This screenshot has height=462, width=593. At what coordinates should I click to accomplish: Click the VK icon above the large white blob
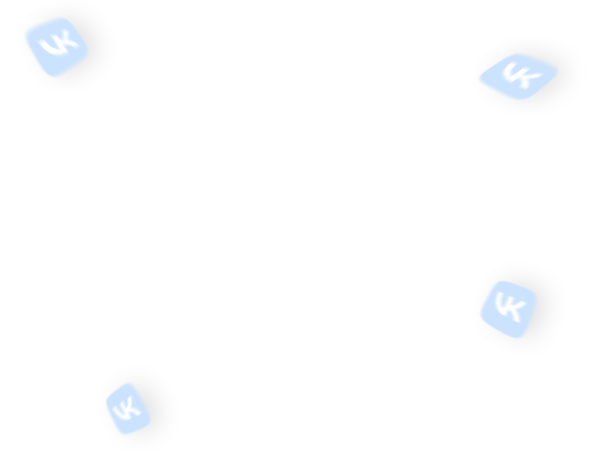[56, 47]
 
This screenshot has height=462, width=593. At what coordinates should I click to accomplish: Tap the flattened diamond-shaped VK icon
[518, 77]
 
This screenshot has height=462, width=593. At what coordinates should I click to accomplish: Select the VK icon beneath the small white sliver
[508, 309]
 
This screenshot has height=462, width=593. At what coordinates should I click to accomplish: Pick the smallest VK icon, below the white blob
[128, 408]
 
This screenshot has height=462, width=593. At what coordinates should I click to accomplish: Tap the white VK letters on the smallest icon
[127, 408]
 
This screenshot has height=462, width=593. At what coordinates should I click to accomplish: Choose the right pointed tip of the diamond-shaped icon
[558, 70]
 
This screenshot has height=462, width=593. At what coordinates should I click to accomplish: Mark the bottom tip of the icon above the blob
[56, 77]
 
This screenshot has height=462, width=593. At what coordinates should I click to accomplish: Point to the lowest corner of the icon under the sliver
[523, 338]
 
